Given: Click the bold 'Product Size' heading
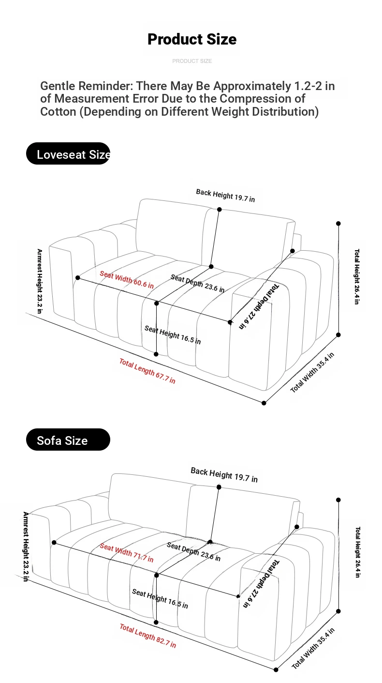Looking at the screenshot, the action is [192, 39].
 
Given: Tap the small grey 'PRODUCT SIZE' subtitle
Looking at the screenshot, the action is [192, 61].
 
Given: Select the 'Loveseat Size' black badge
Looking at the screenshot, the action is [68, 153].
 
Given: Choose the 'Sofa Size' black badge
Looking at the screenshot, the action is [68, 440].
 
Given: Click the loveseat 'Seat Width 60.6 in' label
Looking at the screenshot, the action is [127, 280].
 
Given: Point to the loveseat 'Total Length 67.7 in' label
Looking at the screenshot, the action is [147, 371].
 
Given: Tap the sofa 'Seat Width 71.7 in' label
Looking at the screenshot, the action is [127, 552].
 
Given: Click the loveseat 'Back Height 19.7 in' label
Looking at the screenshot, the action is [225, 196].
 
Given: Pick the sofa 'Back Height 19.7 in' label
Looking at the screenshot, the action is [224, 475].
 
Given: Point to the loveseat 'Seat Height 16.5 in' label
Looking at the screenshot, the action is [173, 335].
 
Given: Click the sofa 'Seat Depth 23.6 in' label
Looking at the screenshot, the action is [193, 552].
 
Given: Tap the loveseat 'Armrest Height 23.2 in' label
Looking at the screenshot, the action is [40, 281].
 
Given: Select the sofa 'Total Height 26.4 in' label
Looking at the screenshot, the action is [358, 552].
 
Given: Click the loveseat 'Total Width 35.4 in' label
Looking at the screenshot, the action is [312, 372].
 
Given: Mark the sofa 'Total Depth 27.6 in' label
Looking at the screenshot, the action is [261, 583].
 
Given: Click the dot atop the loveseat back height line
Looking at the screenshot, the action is [220, 210].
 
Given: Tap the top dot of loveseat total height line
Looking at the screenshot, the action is [338, 224].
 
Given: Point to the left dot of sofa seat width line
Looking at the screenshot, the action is [54, 543].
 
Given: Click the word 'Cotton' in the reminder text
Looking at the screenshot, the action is [58, 112].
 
